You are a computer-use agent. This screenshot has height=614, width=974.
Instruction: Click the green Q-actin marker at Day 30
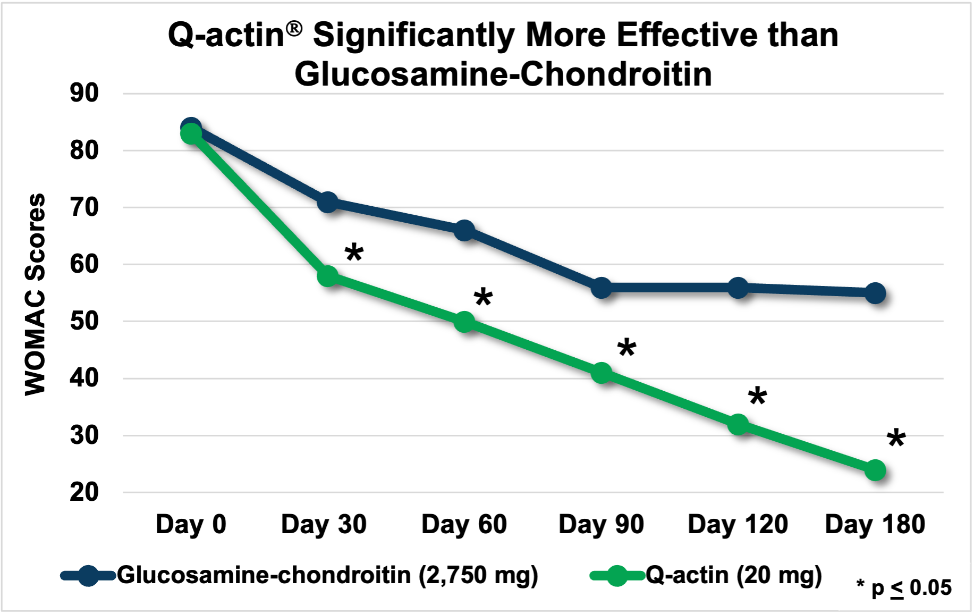tap(328, 276)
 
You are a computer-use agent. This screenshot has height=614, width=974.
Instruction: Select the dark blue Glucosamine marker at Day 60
tap(464, 230)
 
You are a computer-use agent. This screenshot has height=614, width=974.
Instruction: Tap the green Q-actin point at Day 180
tap(875, 470)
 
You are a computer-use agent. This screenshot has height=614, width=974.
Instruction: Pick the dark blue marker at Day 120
tap(738, 288)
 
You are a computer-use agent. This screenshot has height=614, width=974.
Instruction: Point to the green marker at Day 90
tap(601, 373)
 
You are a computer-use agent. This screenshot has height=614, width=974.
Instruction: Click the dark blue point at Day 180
tap(875, 293)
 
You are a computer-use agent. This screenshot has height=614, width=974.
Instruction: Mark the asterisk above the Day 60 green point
tap(483, 298)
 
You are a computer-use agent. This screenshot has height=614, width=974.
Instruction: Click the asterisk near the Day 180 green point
tap(896, 439)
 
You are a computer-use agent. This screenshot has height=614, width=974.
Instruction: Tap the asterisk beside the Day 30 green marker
tap(354, 253)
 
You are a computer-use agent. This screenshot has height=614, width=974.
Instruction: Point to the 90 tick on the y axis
tap(84, 94)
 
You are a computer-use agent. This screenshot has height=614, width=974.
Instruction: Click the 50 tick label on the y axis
tap(84, 321)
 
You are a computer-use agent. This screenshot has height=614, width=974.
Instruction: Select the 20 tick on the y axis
tap(84, 492)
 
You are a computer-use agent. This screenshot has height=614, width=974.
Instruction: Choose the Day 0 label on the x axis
tap(191, 524)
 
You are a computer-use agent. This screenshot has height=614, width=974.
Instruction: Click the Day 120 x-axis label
tap(738, 524)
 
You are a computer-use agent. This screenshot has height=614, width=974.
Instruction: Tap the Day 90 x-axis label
tap(601, 524)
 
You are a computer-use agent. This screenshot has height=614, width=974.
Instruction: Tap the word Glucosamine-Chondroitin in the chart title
tap(503, 74)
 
